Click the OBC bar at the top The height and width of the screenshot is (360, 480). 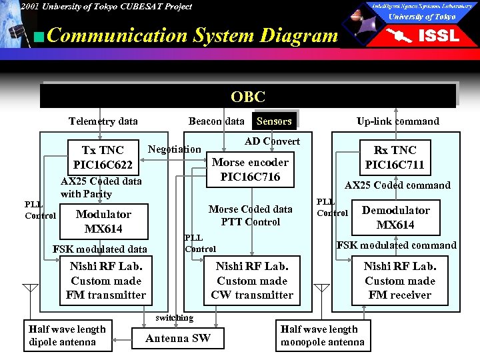pos(248,97)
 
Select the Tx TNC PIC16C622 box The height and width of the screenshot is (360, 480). pos(103,157)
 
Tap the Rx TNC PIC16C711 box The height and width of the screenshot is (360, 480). pos(395,157)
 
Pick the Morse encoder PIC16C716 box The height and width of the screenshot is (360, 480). pos(250,169)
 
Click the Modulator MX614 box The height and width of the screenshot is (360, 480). pos(103,221)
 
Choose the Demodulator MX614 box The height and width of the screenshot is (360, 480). pos(395,217)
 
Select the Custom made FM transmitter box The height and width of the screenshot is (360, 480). pos(105,281)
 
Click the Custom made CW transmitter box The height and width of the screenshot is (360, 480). pos(252,281)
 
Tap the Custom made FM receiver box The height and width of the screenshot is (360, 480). pos(399,281)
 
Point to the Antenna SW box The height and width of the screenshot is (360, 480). pos(177,338)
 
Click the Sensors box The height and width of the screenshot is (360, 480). pos(274,121)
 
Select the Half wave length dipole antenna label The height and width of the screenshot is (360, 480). pos(67,335)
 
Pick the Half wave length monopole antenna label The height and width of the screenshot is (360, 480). pos(323,335)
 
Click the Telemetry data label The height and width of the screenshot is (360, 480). pos(103,121)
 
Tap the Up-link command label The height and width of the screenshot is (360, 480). pos(397,121)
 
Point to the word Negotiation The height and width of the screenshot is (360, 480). pos(174,149)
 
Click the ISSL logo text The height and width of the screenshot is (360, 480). pos(437,35)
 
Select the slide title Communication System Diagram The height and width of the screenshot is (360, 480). pos(193,35)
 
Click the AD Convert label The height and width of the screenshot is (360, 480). pos(272,141)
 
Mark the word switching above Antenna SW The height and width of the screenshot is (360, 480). pos(174,318)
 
